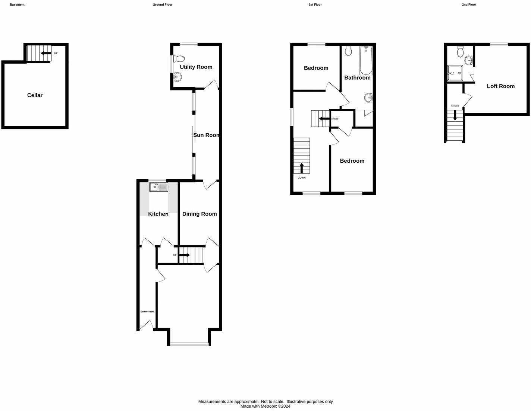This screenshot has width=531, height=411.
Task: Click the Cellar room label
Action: tap(35, 95)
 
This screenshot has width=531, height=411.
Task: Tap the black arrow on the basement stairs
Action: tap(46, 53)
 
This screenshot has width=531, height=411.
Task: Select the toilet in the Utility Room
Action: tap(179, 59)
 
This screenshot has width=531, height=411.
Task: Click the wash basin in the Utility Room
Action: tap(178, 77)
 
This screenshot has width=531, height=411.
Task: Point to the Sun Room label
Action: tap(206, 135)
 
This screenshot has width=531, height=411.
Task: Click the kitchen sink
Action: tap(158, 187)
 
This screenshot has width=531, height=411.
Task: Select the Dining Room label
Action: tap(199, 214)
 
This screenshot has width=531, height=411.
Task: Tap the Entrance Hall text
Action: tap(147, 312)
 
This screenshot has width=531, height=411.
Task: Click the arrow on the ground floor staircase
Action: tap(185, 255)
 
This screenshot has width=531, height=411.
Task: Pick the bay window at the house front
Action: tap(189, 344)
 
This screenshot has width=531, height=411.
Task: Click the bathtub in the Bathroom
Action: tap(366, 60)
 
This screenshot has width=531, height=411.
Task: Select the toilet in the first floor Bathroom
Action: tap(348, 51)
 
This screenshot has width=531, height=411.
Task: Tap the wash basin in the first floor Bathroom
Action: tap(368, 98)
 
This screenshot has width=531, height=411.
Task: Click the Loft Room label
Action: tap(500, 86)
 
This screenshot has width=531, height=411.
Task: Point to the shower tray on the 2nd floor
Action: tap(455, 73)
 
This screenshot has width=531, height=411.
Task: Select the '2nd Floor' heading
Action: tap(469, 5)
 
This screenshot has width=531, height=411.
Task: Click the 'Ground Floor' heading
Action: tap(162, 5)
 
